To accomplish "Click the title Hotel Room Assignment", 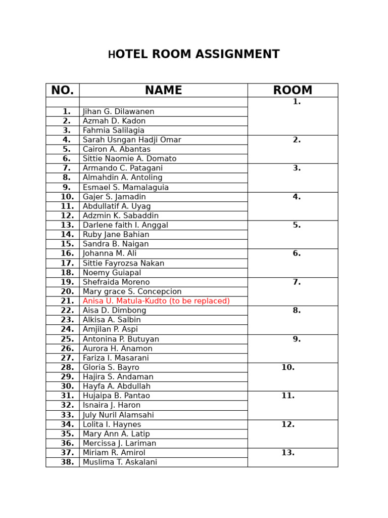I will pyautogui.click(x=193, y=55).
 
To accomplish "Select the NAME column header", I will pyautogui.click(x=163, y=91).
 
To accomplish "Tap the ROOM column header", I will pyautogui.click(x=293, y=91).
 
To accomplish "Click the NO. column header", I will pyautogui.click(x=62, y=91).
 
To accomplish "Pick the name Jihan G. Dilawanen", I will pyautogui.click(x=119, y=112).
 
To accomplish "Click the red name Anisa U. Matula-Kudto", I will pyautogui.click(x=156, y=301).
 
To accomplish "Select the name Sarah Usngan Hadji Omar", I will pyautogui.click(x=132, y=140).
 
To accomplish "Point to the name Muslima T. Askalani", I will pyautogui.click(x=120, y=462).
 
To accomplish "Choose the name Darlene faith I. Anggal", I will pyautogui.click(x=125, y=225).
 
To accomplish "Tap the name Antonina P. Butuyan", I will pyautogui.click(x=121, y=339).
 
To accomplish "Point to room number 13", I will pyautogui.click(x=288, y=453).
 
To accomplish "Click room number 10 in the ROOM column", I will pyautogui.click(x=288, y=368).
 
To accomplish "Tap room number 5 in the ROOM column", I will pyautogui.click(x=297, y=225).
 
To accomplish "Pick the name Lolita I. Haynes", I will pyautogui.click(x=112, y=425).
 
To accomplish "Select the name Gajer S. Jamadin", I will pyautogui.click(x=114, y=197).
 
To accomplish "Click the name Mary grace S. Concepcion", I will pyautogui.click(x=132, y=292).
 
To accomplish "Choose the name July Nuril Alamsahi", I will pyautogui.click(x=118, y=415).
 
